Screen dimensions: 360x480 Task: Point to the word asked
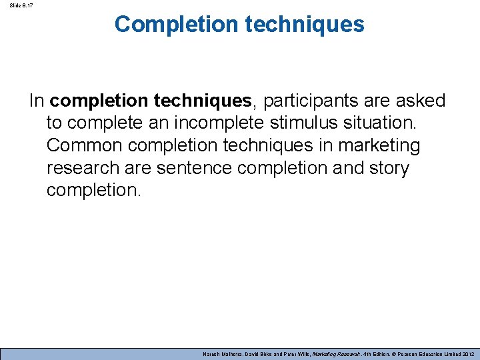pos(419,101)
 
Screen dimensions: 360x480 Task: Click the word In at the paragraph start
pos(37,101)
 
